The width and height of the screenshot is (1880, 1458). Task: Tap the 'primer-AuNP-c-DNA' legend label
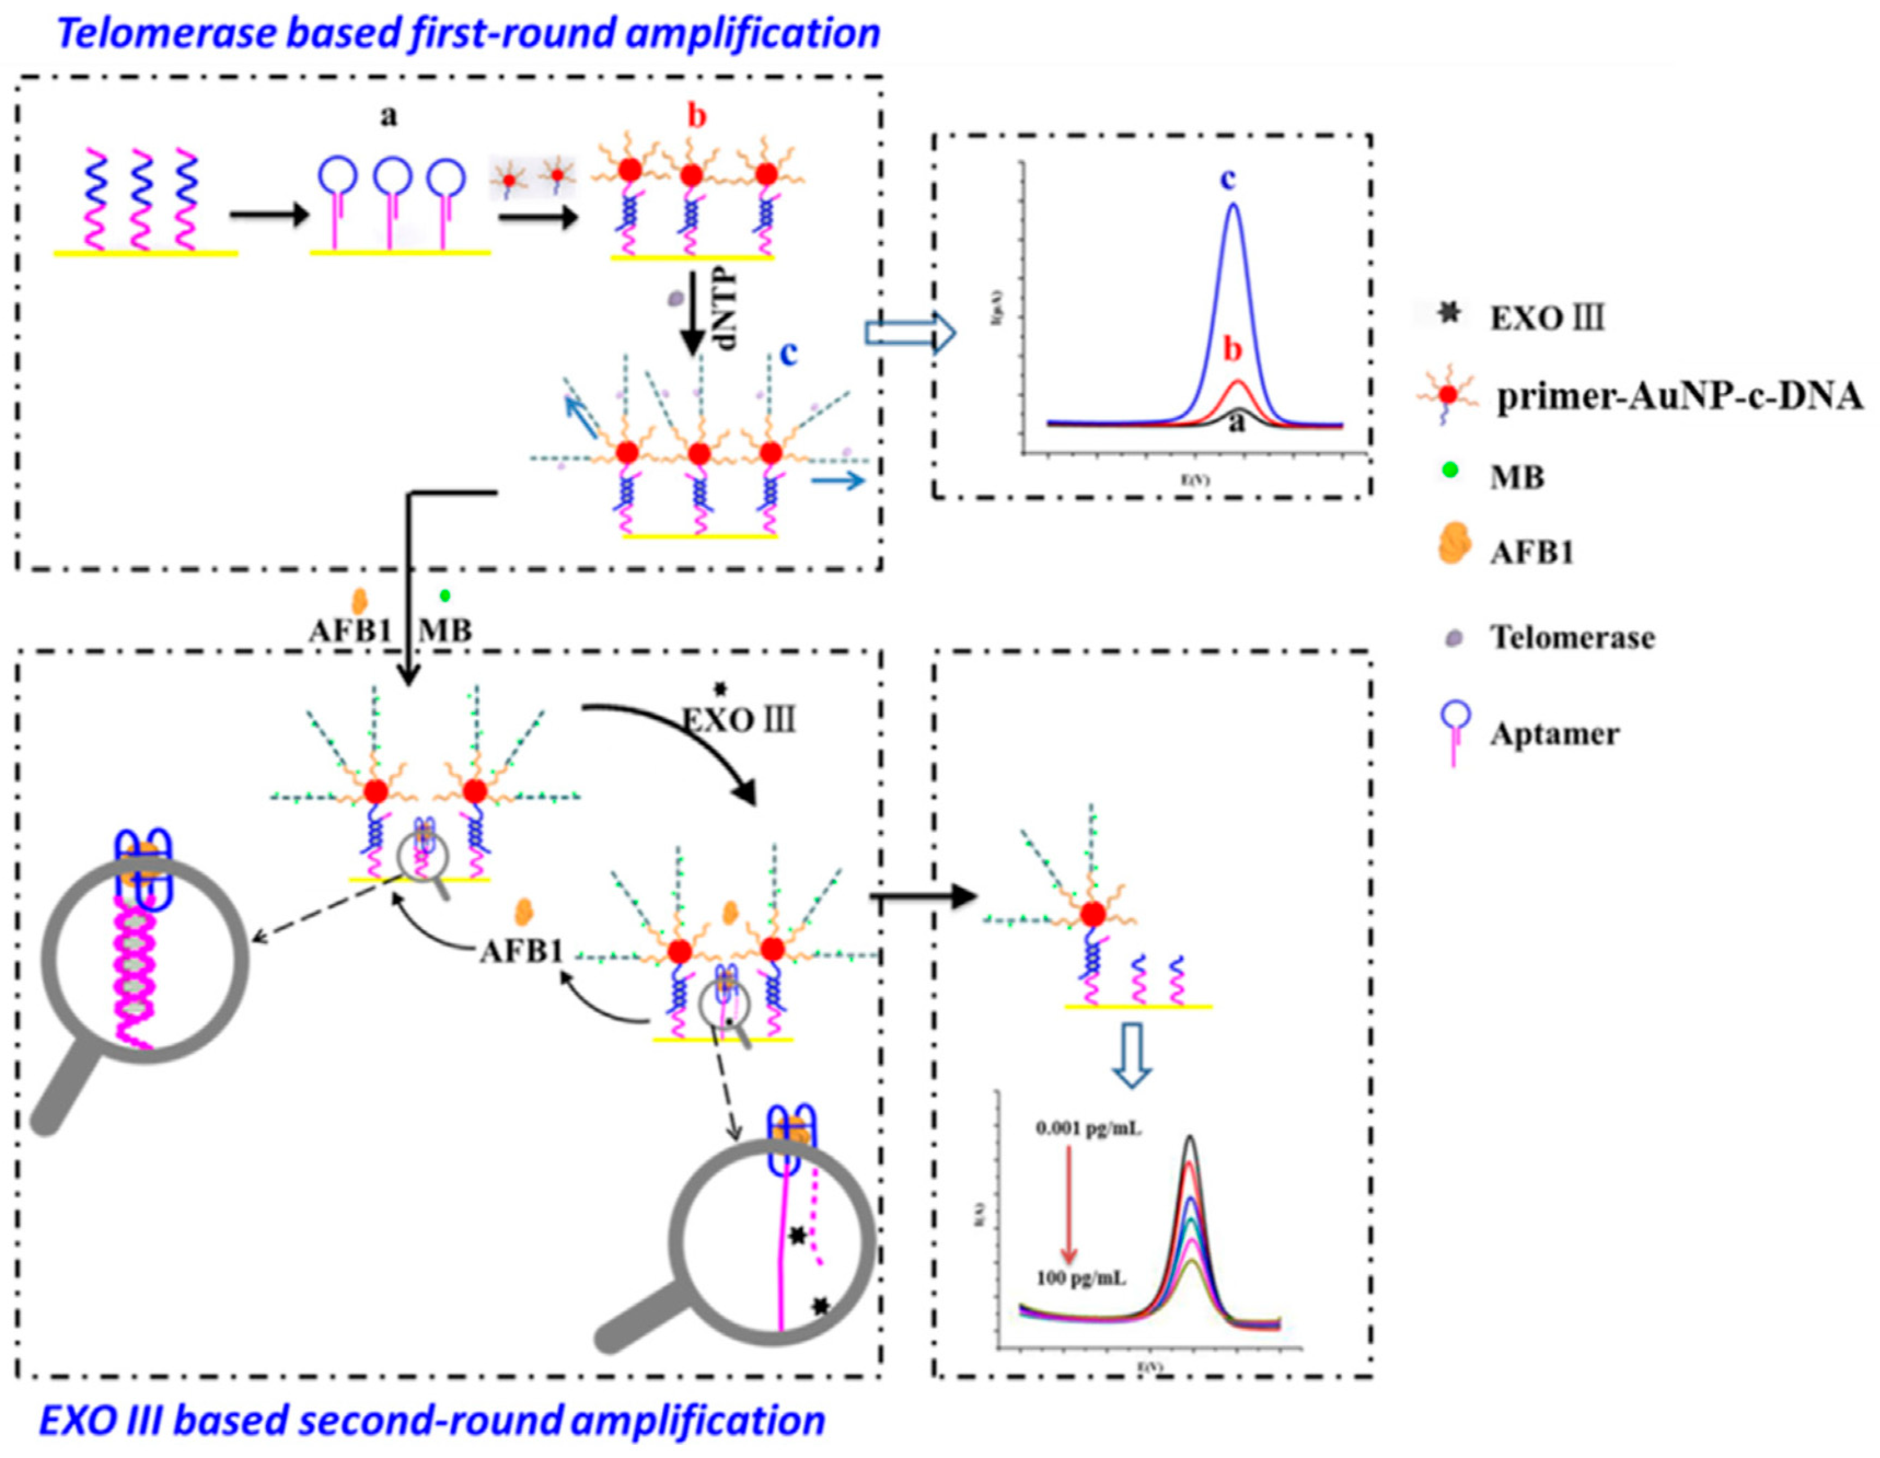1678,397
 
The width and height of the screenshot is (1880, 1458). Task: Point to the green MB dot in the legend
1451,470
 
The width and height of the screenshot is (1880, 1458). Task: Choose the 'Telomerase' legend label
1572,638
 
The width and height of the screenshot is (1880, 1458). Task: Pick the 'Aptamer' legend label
1554,734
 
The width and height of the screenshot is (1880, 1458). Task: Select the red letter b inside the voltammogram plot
1233,350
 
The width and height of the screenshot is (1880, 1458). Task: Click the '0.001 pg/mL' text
1089,1128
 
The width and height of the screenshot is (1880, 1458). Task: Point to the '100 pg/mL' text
1080,1278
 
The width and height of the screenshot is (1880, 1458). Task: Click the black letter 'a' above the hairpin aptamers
389,116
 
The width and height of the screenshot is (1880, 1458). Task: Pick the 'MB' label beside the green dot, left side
445,631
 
